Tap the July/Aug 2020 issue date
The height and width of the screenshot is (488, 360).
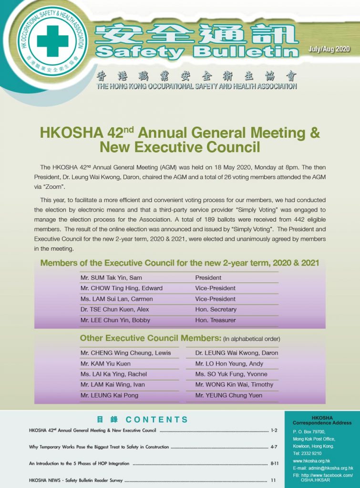click(329, 50)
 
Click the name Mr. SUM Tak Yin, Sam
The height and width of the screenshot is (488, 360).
click(111, 278)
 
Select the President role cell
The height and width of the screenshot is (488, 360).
click(208, 278)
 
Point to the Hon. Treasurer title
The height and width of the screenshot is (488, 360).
click(216, 320)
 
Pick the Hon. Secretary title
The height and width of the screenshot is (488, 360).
click(216, 310)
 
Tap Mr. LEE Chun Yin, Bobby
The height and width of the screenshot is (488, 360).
click(115, 320)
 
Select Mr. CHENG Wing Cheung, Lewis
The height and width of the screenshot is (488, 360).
click(119, 353)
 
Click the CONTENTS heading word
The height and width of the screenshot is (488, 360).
click(157, 420)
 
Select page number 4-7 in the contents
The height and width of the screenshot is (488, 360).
click(274, 447)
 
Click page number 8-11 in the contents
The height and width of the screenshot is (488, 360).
click(274, 463)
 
